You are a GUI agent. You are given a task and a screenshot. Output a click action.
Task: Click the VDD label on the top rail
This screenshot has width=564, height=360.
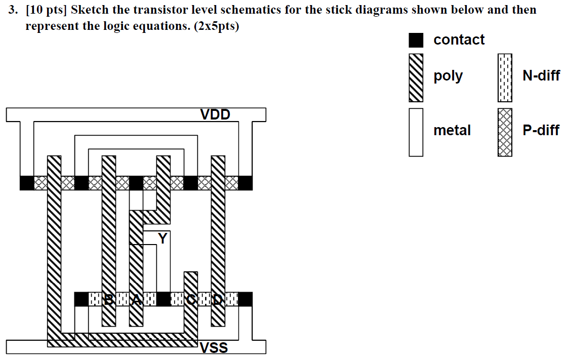215,114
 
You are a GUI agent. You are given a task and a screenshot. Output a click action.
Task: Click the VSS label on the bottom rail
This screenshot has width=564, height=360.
214,348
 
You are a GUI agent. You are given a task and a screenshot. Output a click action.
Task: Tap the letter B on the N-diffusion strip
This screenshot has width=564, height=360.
108,299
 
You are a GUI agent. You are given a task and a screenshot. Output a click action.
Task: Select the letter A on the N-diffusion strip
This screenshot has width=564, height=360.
136,299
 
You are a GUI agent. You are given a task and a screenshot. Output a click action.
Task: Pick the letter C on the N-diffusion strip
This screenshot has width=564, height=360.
190,299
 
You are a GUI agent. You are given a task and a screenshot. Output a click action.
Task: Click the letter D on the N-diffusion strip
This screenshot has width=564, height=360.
217,299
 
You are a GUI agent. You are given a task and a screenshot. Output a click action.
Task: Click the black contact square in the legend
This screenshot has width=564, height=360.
416,40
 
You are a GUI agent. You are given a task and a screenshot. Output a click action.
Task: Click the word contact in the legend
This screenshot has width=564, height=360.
459,40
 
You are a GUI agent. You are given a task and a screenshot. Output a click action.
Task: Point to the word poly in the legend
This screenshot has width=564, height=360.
448,76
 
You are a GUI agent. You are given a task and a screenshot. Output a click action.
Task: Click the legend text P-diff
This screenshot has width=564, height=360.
541,131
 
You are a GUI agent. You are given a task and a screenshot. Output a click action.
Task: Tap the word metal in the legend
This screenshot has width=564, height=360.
452,131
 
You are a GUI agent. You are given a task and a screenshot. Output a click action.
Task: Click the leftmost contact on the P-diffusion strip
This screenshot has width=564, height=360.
26,183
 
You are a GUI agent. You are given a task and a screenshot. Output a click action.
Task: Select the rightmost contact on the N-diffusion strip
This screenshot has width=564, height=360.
245,299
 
